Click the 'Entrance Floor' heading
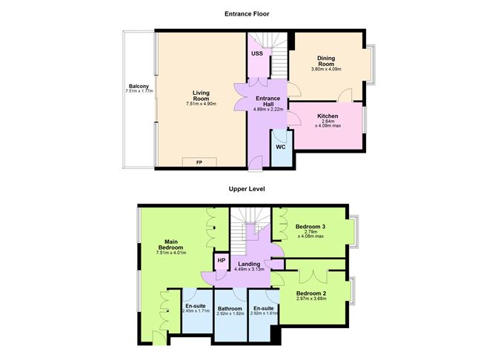(x=247, y=13)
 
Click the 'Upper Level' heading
(x=247, y=190)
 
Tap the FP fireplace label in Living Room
(x=199, y=162)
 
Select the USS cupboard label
(x=256, y=54)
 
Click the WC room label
(x=281, y=147)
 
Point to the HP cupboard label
(x=221, y=261)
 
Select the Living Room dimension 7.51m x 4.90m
(x=200, y=104)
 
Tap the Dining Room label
(x=327, y=61)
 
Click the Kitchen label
(x=328, y=116)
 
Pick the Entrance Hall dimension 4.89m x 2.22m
(x=268, y=109)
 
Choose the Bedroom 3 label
(x=310, y=226)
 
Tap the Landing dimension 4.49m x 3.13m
(x=249, y=269)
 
